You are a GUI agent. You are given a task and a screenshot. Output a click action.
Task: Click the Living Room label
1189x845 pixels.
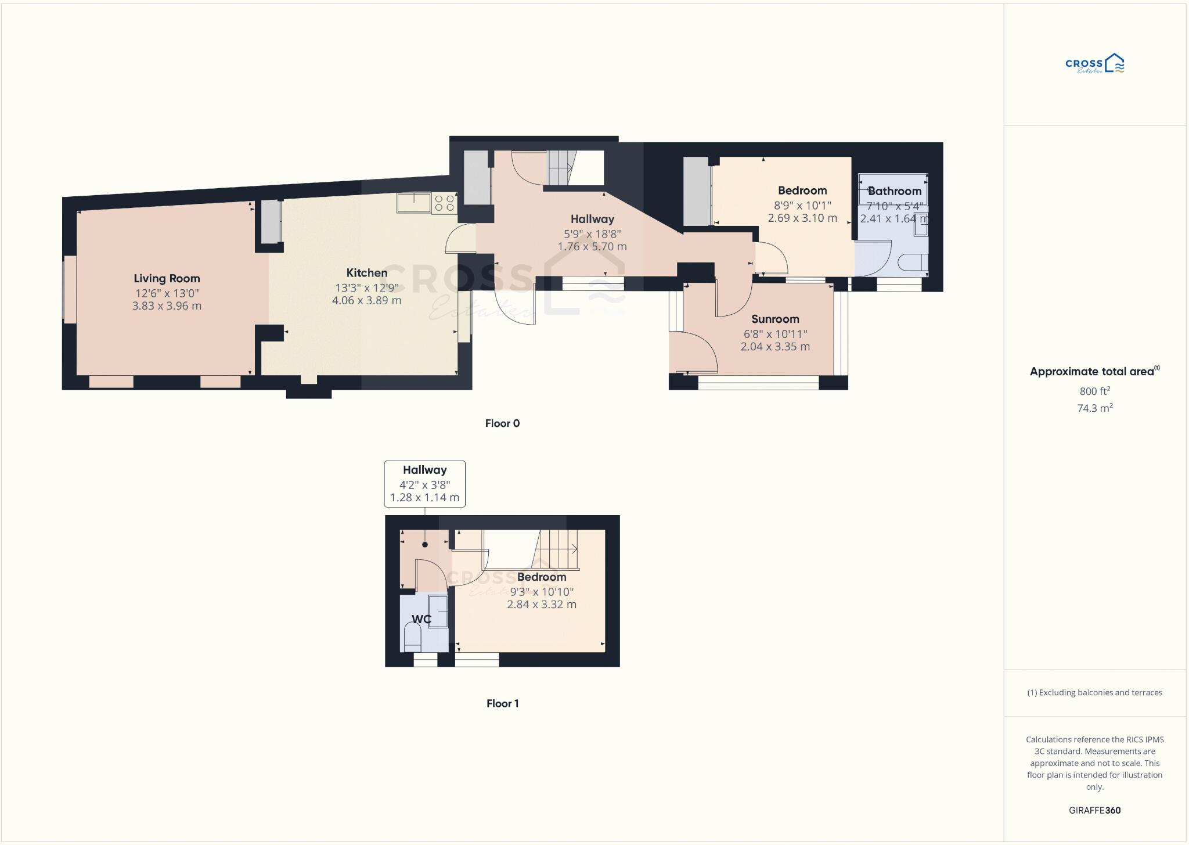[167, 279]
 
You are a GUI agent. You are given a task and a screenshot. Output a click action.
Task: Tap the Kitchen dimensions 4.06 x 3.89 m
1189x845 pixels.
[366, 301]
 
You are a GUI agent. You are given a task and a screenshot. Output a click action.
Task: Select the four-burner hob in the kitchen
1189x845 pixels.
[444, 203]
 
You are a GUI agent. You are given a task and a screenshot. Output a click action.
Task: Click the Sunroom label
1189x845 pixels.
[775, 319]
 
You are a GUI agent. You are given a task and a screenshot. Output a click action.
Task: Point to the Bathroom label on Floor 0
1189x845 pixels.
[894, 191]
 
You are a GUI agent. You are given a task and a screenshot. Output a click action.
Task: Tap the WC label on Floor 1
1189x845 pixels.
[421, 619]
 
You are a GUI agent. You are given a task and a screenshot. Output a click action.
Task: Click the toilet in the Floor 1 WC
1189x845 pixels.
[412, 638]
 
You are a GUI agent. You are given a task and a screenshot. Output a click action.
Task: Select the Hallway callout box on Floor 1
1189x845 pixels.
[424, 484]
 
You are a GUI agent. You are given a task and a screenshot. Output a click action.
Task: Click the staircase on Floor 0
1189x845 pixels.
[560, 168]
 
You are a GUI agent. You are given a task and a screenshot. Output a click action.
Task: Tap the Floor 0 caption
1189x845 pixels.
[502, 423]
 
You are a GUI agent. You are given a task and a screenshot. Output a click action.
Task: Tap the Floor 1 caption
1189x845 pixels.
[502, 703]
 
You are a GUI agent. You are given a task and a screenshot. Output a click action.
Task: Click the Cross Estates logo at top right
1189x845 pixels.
[1094, 64]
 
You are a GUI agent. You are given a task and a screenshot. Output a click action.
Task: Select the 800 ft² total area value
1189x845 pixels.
[1094, 391]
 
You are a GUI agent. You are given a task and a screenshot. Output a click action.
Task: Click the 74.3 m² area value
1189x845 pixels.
[1094, 408]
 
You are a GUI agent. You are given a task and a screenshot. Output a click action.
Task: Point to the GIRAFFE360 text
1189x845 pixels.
[1094, 810]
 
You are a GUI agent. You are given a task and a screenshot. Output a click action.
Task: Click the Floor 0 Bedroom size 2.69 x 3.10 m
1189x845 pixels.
[802, 218]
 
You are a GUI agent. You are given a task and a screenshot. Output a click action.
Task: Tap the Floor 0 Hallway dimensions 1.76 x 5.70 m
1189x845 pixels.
[592, 247]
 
